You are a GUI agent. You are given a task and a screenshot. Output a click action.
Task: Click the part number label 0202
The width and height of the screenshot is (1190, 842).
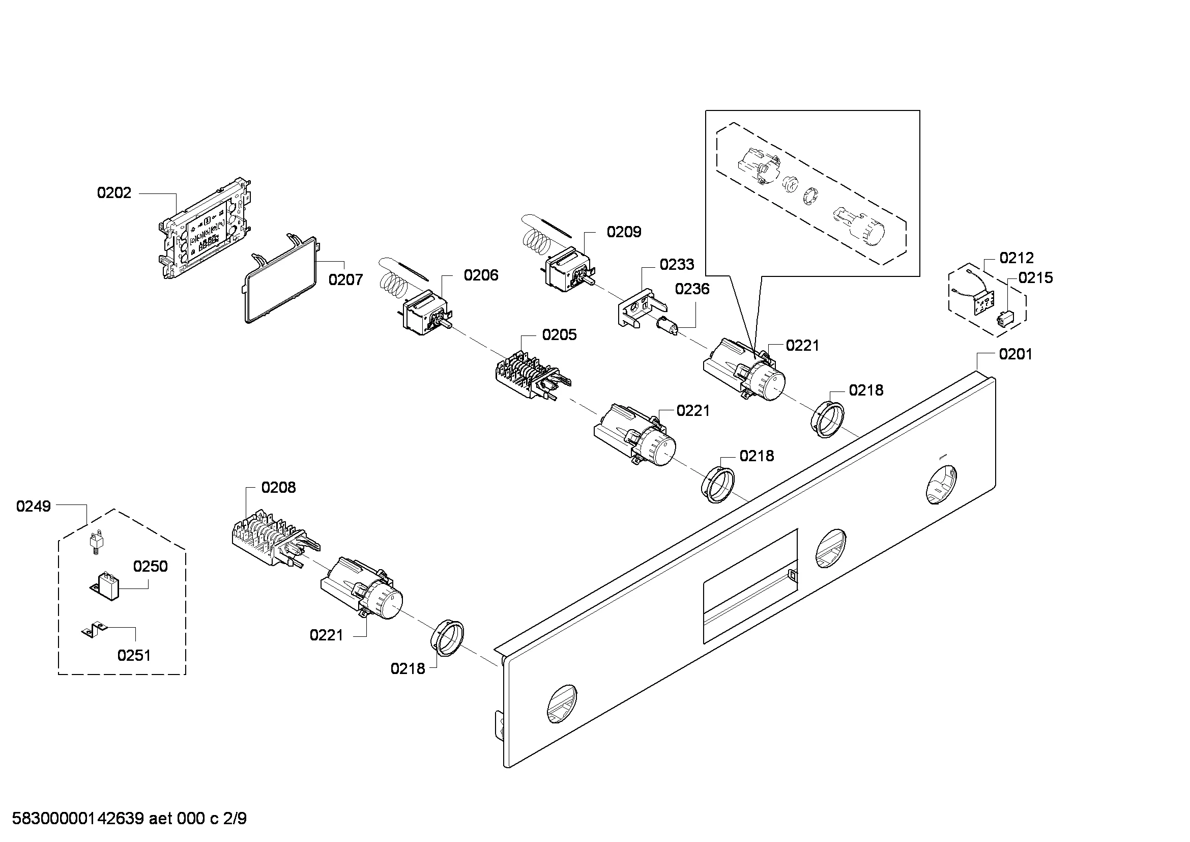(114, 193)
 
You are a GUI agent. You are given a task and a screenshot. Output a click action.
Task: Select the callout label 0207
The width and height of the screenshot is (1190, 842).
(345, 280)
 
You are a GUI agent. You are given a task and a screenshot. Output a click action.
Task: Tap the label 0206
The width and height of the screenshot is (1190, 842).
(481, 275)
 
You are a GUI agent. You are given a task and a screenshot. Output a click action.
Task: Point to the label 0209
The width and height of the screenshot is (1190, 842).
(624, 232)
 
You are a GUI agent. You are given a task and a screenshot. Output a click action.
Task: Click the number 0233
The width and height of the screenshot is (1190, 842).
(676, 265)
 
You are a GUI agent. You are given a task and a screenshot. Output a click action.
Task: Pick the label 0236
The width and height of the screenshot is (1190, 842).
(692, 289)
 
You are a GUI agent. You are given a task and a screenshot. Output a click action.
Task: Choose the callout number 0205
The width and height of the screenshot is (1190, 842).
(559, 335)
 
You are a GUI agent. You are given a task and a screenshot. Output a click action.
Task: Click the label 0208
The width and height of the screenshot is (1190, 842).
(278, 487)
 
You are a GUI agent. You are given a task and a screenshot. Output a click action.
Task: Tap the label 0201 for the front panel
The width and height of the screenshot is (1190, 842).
(1016, 354)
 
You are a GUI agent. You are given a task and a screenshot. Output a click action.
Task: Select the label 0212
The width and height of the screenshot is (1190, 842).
(1017, 258)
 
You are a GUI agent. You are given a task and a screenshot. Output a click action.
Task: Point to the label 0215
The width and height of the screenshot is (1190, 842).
(1035, 278)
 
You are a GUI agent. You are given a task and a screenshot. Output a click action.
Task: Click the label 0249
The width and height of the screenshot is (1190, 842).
(33, 506)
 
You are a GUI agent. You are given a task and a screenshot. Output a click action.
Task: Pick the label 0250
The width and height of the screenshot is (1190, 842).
(150, 566)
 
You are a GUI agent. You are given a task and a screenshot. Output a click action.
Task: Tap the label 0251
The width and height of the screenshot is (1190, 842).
(134, 655)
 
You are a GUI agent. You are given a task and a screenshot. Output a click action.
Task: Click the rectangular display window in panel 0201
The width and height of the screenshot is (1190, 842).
(749, 586)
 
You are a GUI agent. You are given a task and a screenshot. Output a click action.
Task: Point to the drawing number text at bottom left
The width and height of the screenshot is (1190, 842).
(129, 819)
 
